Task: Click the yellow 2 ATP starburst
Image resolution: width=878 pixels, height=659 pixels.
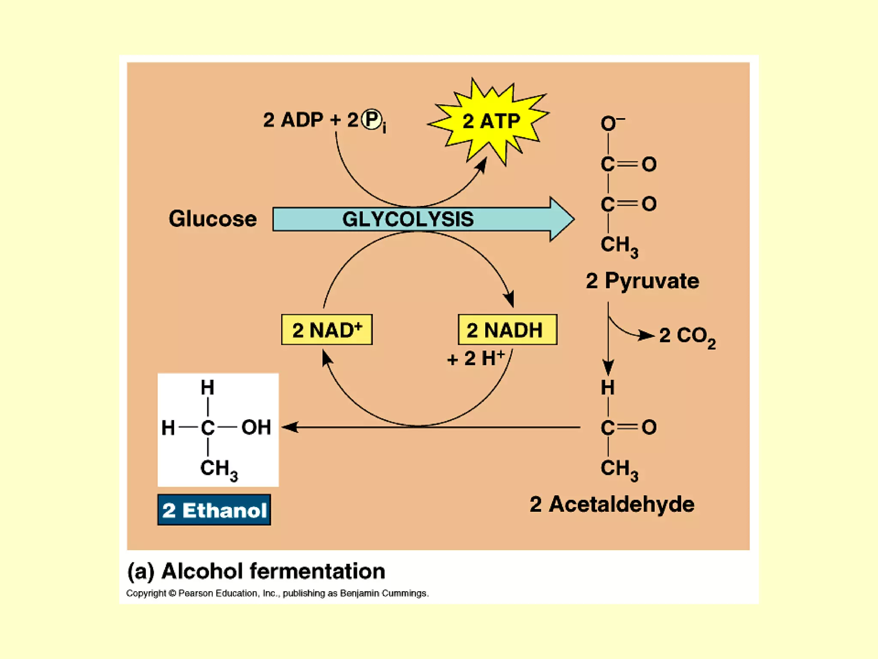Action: (x=490, y=121)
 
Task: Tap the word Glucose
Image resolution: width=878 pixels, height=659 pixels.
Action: (x=213, y=219)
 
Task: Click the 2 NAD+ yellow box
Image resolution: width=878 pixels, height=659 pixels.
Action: (x=327, y=330)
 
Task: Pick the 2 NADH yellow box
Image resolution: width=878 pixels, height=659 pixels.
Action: (x=507, y=330)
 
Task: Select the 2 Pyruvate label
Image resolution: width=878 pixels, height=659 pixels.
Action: (x=642, y=281)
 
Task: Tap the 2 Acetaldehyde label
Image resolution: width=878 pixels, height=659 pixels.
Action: (x=612, y=504)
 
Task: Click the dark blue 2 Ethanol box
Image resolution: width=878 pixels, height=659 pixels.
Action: (x=214, y=510)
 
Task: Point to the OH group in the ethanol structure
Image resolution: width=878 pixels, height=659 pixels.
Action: (x=256, y=427)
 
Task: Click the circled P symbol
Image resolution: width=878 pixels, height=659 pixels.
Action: (x=371, y=120)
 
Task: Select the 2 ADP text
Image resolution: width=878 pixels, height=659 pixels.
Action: (x=293, y=120)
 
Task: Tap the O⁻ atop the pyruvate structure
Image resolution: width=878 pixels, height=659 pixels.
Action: (x=611, y=124)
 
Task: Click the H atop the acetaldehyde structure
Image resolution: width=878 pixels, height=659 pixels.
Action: (x=607, y=388)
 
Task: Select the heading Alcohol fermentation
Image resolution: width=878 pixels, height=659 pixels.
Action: (x=256, y=571)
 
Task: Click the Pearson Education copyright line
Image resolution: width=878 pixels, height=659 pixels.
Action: (x=277, y=593)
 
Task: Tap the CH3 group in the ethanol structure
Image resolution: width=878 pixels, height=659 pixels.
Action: (x=218, y=469)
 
